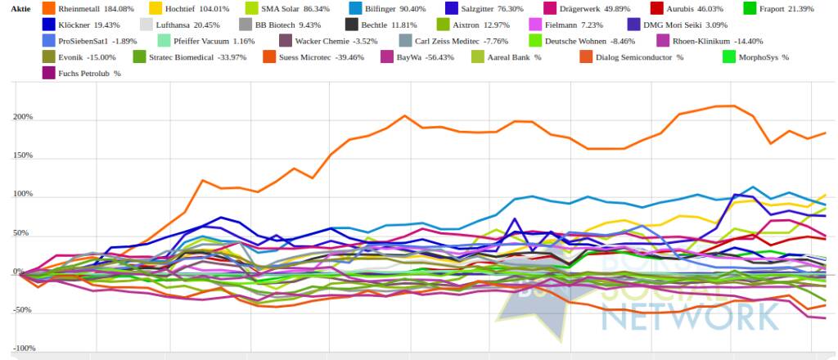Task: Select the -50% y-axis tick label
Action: [x=22, y=311]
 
